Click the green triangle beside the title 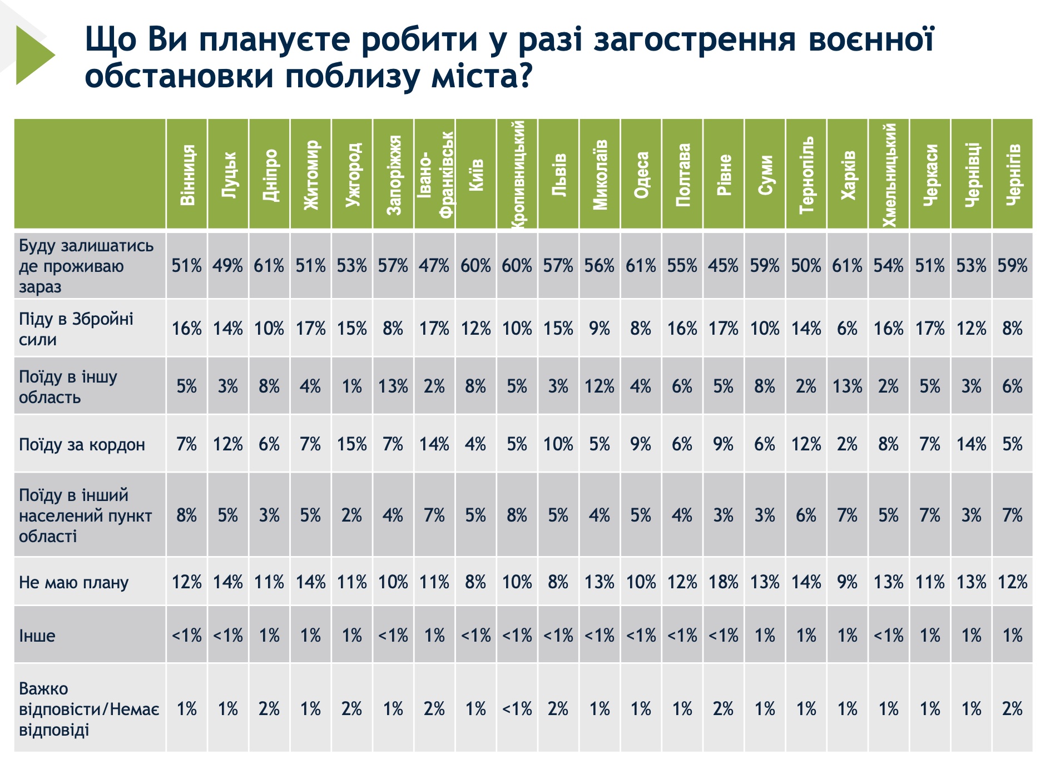(33, 55)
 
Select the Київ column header (476, 174)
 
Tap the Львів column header (558, 174)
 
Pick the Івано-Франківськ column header (435, 174)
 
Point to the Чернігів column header (1013, 174)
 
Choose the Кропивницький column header (517, 174)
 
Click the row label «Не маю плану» (74, 582)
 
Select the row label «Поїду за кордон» (82, 444)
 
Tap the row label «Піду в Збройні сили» (76, 329)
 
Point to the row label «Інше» (37, 636)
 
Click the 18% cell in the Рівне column (724, 582)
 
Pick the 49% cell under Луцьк (228, 266)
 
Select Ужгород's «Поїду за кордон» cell (352, 444)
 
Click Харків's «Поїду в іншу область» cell (848, 386)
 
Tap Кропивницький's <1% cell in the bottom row (517, 709)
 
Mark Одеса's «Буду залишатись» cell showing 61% (641, 266)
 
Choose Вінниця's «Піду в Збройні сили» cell (187, 329)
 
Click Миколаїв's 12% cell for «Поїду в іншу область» (600, 386)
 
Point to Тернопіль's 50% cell (806, 266)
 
